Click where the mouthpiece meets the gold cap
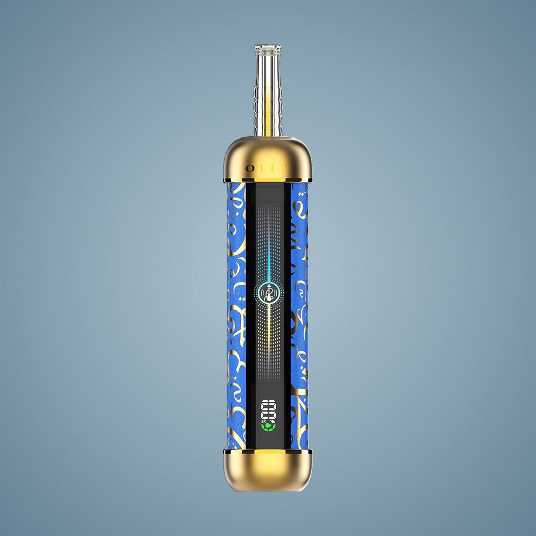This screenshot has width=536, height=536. (x=268, y=136)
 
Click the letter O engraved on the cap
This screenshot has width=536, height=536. (x=249, y=168)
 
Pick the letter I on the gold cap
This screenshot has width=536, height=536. (x=272, y=168)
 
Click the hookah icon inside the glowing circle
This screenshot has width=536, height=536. (x=268, y=293)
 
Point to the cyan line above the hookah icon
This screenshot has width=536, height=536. (x=268, y=258)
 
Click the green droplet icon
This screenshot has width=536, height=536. (x=268, y=426)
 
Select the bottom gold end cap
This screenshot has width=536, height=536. (x=268, y=470)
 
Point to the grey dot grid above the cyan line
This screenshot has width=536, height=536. (x=268, y=218)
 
